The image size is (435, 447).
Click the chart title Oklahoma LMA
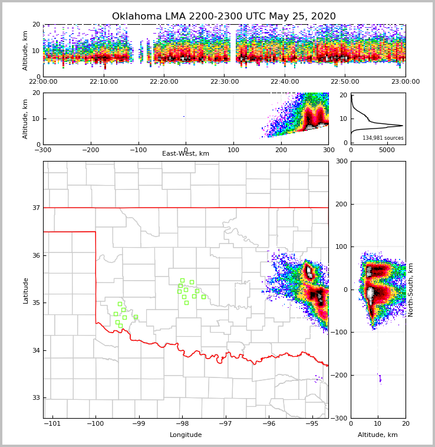click(223, 17)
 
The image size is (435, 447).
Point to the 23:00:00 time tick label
click(405, 82)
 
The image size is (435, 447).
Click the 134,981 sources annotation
click(383, 138)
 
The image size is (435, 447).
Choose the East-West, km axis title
click(186, 154)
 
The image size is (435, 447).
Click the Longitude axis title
click(186, 435)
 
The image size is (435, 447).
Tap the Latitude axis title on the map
click(26, 290)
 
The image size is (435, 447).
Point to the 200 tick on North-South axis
click(339, 204)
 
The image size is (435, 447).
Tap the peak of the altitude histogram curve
click(403, 126)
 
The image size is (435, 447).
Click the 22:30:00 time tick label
click(224, 82)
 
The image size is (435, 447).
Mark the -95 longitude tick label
click(312, 424)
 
